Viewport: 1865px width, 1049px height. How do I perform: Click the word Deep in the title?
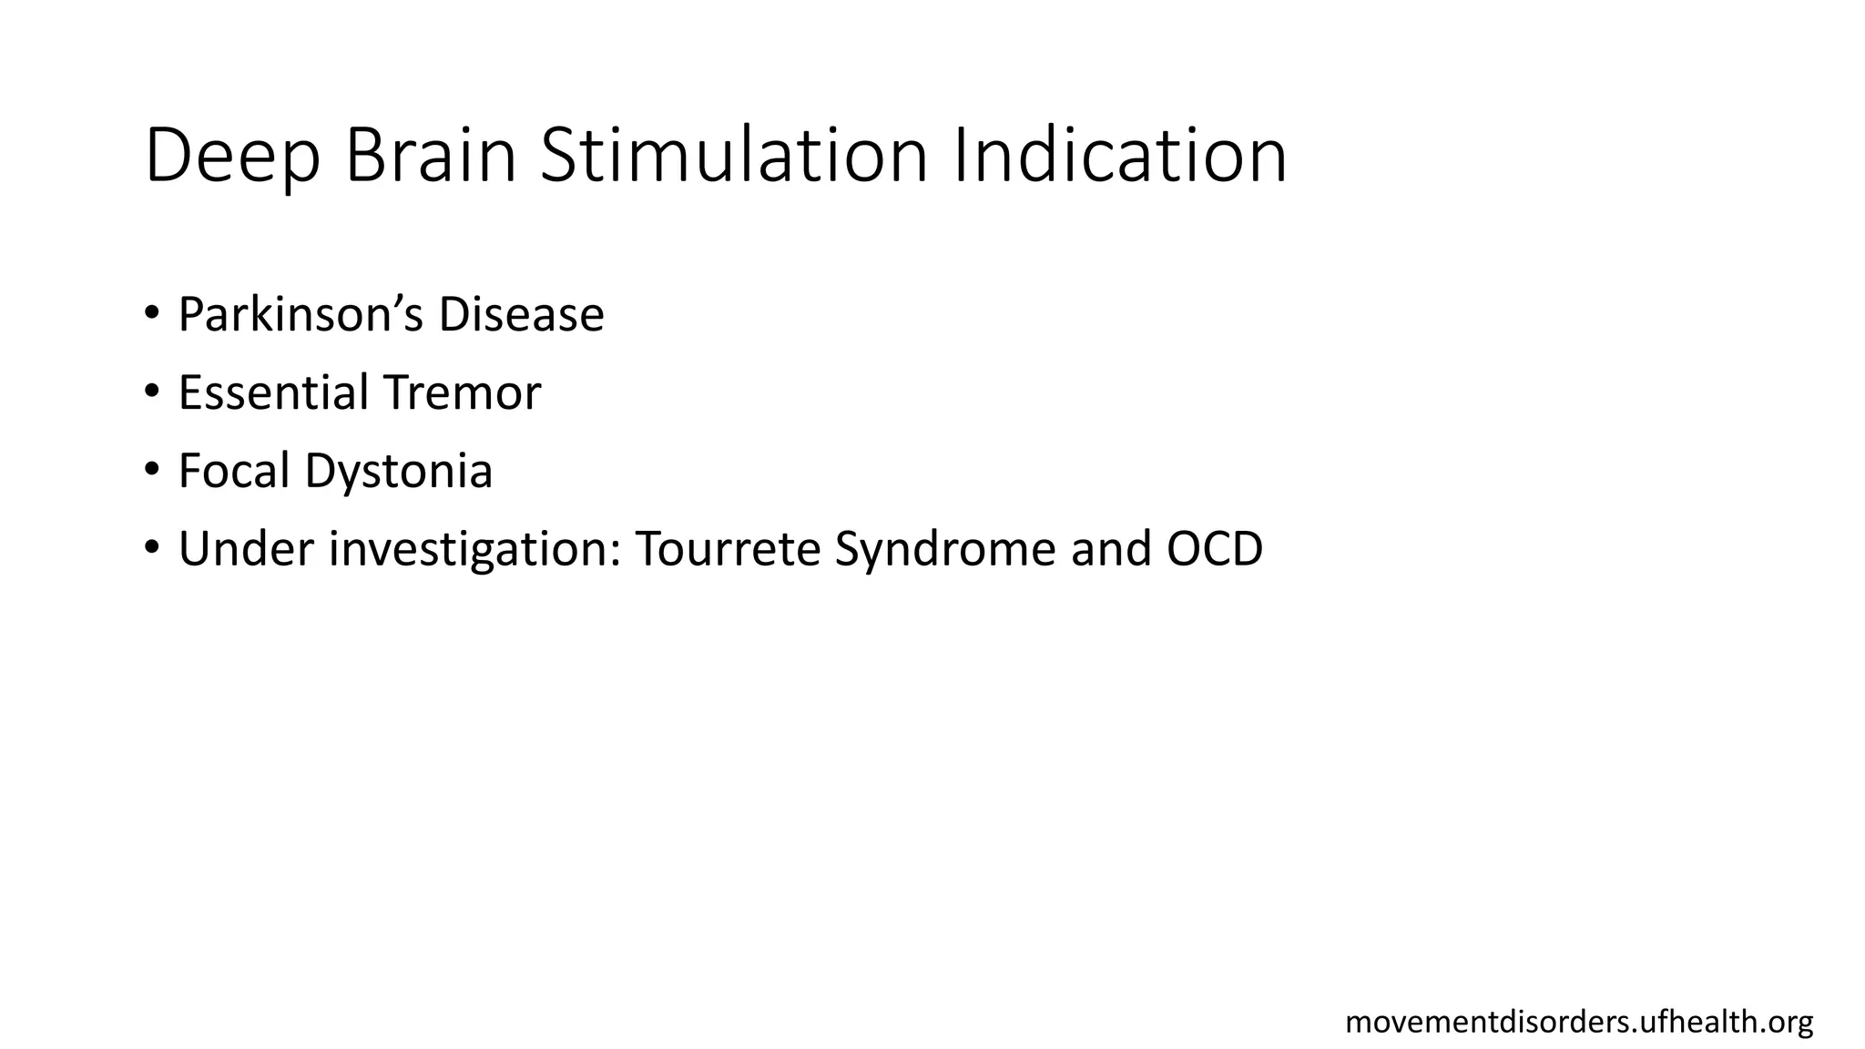[232, 157]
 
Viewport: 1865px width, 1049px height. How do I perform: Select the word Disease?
[521, 314]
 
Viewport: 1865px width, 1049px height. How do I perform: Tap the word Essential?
[273, 392]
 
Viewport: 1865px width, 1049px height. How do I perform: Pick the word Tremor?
[462, 392]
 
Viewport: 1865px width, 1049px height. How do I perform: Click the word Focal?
[234, 471]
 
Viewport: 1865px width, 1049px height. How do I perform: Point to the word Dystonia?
[398, 473]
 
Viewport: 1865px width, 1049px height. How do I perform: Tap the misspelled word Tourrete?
[728, 549]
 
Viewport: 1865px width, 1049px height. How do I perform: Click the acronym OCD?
[1214, 549]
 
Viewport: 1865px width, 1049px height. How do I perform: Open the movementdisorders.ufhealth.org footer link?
[1579, 1023]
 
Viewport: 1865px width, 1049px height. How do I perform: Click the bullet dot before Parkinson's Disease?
[151, 314]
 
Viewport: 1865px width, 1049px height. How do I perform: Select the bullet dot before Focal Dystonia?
[151, 471]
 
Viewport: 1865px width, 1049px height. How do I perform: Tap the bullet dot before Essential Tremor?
[151, 392]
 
